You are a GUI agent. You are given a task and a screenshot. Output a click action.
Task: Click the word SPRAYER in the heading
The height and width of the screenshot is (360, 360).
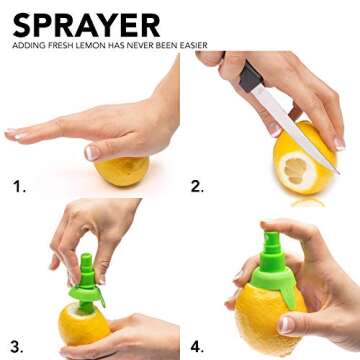pyautogui.click(x=86, y=25)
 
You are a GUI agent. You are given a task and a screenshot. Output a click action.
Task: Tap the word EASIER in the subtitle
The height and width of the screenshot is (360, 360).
pyautogui.click(x=195, y=45)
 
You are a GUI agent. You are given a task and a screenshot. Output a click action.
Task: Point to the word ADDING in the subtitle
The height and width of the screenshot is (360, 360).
pyautogui.click(x=25, y=45)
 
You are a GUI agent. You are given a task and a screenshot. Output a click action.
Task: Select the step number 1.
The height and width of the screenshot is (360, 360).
pyautogui.click(x=19, y=187)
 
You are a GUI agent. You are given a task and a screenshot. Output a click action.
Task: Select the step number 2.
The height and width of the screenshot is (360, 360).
pyautogui.click(x=197, y=187)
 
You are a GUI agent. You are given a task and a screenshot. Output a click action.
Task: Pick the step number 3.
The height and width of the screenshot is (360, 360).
pyautogui.click(x=17, y=347)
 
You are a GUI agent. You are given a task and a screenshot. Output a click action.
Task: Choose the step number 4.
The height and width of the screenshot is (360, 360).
pyautogui.click(x=197, y=347)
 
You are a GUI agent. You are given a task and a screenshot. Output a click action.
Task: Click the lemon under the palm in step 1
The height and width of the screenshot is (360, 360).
pyautogui.click(x=122, y=171)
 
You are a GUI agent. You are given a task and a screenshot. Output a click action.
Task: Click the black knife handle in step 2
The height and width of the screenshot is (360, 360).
pyautogui.click(x=250, y=77)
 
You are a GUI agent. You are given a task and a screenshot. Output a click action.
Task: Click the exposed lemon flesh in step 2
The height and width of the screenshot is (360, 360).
pyautogui.click(x=295, y=171)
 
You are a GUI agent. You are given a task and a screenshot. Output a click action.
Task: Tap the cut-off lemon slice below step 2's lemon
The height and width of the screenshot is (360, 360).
pyautogui.click(x=308, y=203)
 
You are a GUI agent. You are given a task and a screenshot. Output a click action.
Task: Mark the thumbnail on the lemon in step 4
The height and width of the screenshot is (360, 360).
pyautogui.click(x=286, y=324)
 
